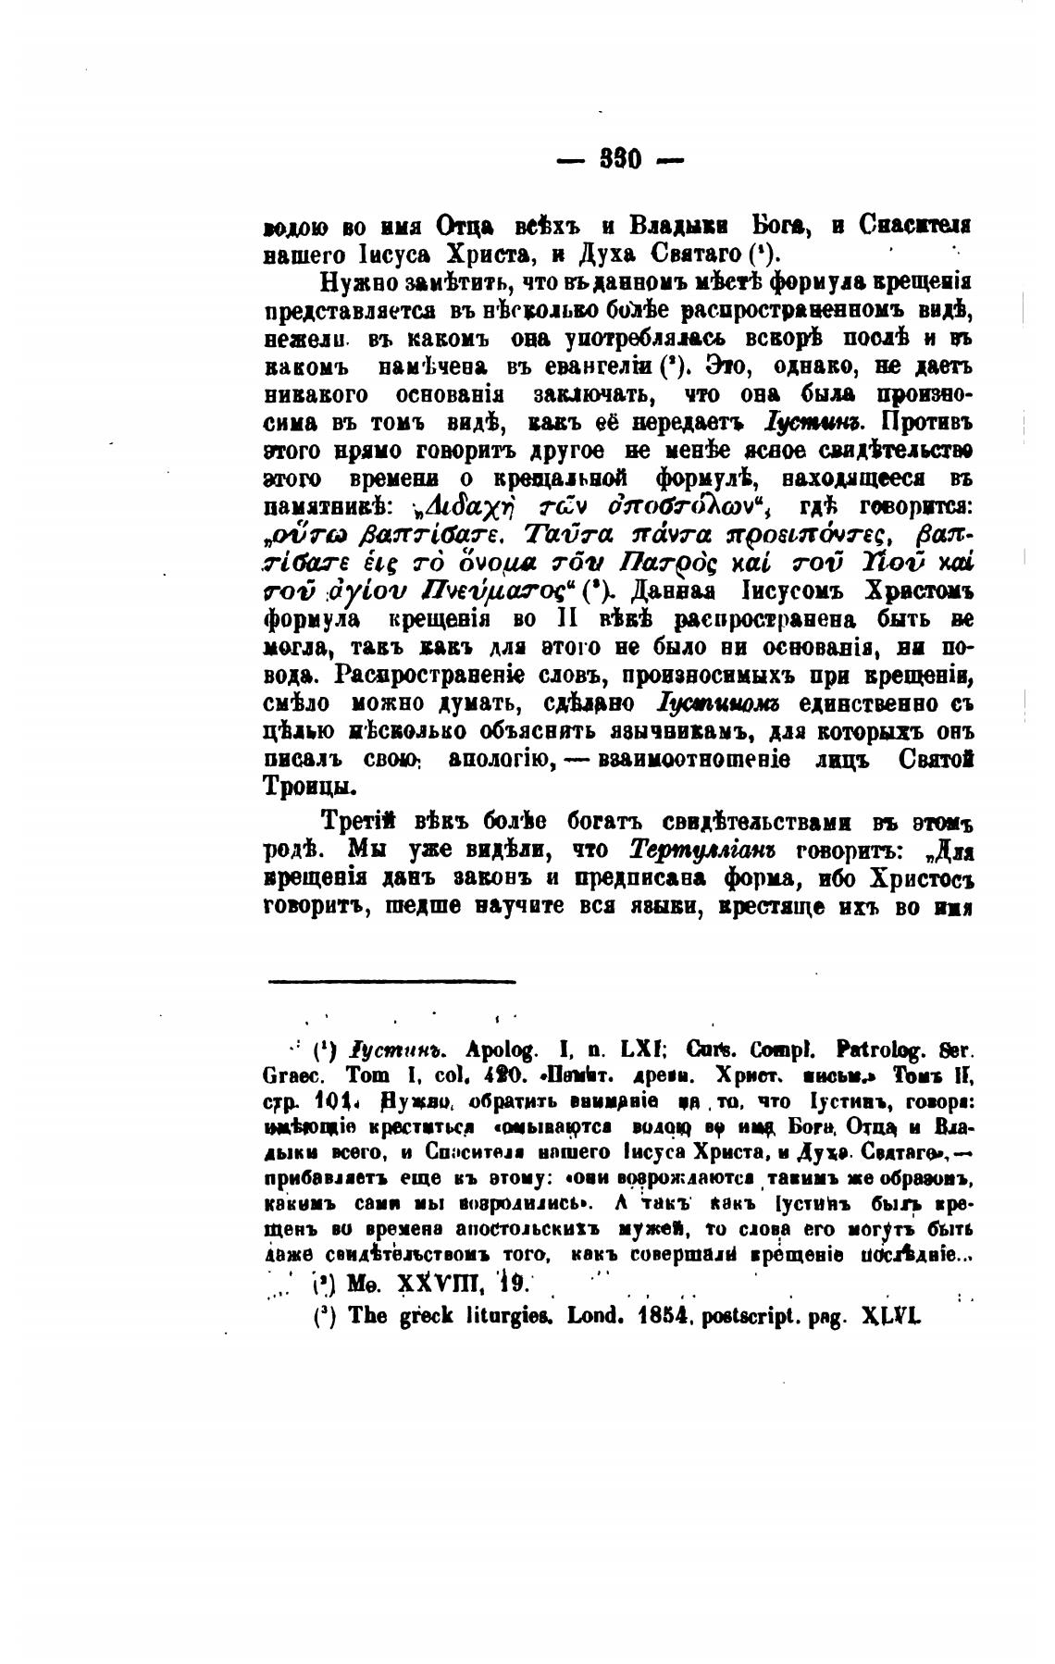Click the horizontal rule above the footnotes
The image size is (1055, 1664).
[391, 981]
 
